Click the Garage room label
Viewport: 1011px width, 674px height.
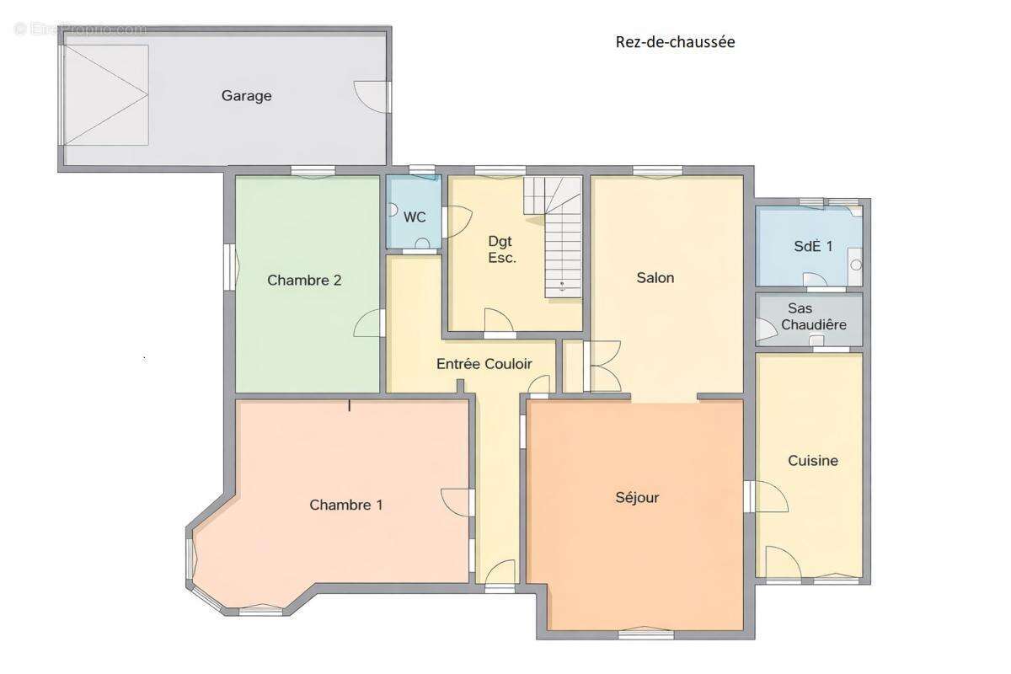click(x=246, y=96)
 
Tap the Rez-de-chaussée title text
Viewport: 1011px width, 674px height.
click(x=675, y=42)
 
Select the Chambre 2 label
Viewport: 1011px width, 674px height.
click(x=304, y=281)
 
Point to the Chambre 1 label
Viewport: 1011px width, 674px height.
click(x=346, y=505)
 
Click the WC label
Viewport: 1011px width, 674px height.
click(x=415, y=217)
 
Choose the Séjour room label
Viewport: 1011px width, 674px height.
click(x=637, y=497)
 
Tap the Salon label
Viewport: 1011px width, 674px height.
click(x=655, y=278)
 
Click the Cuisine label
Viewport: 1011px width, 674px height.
click(x=813, y=461)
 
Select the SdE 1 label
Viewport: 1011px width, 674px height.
click(x=813, y=246)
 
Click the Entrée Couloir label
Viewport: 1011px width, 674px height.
click(x=484, y=364)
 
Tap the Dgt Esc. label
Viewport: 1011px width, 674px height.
click(x=501, y=249)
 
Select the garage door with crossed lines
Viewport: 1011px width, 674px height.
click(x=106, y=95)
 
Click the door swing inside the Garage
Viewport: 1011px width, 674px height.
click(x=371, y=97)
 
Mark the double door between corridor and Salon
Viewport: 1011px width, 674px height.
click(x=602, y=366)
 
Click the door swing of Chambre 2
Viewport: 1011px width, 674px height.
click(x=368, y=323)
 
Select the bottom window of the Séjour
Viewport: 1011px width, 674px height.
click(x=646, y=634)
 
